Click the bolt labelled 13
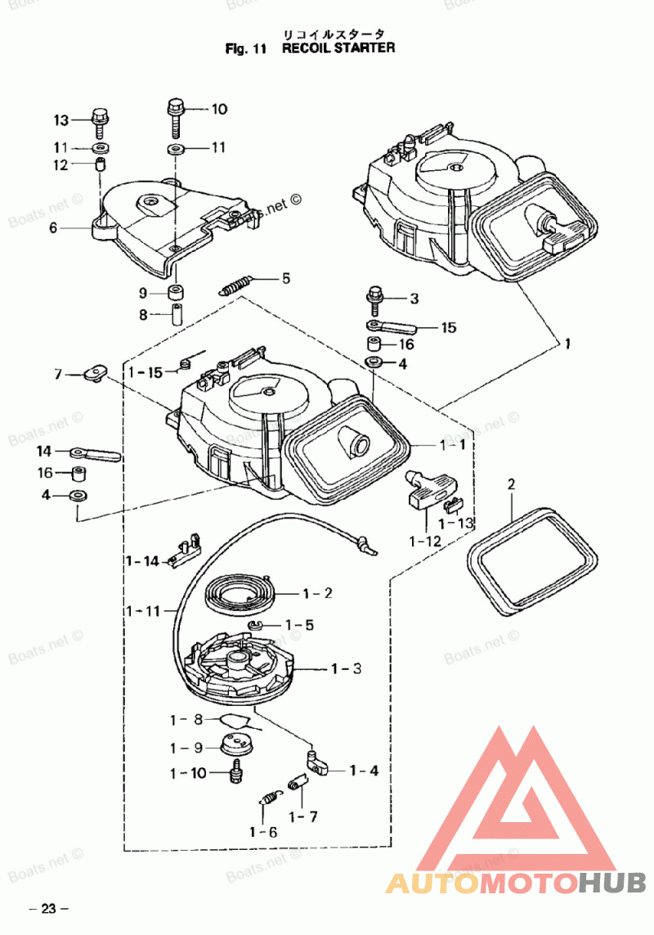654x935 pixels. click(x=100, y=122)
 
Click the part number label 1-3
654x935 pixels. click(x=347, y=668)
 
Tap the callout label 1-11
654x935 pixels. click(x=143, y=611)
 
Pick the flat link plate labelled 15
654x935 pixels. click(x=391, y=326)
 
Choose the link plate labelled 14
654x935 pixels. click(x=96, y=454)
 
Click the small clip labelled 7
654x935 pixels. click(x=95, y=373)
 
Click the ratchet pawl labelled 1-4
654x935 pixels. click(x=318, y=762)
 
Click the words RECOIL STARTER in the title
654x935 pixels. click(x=338, y=48)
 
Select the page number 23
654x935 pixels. click(x=48, y=909)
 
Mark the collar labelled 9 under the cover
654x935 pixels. click(x=175, y=293)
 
